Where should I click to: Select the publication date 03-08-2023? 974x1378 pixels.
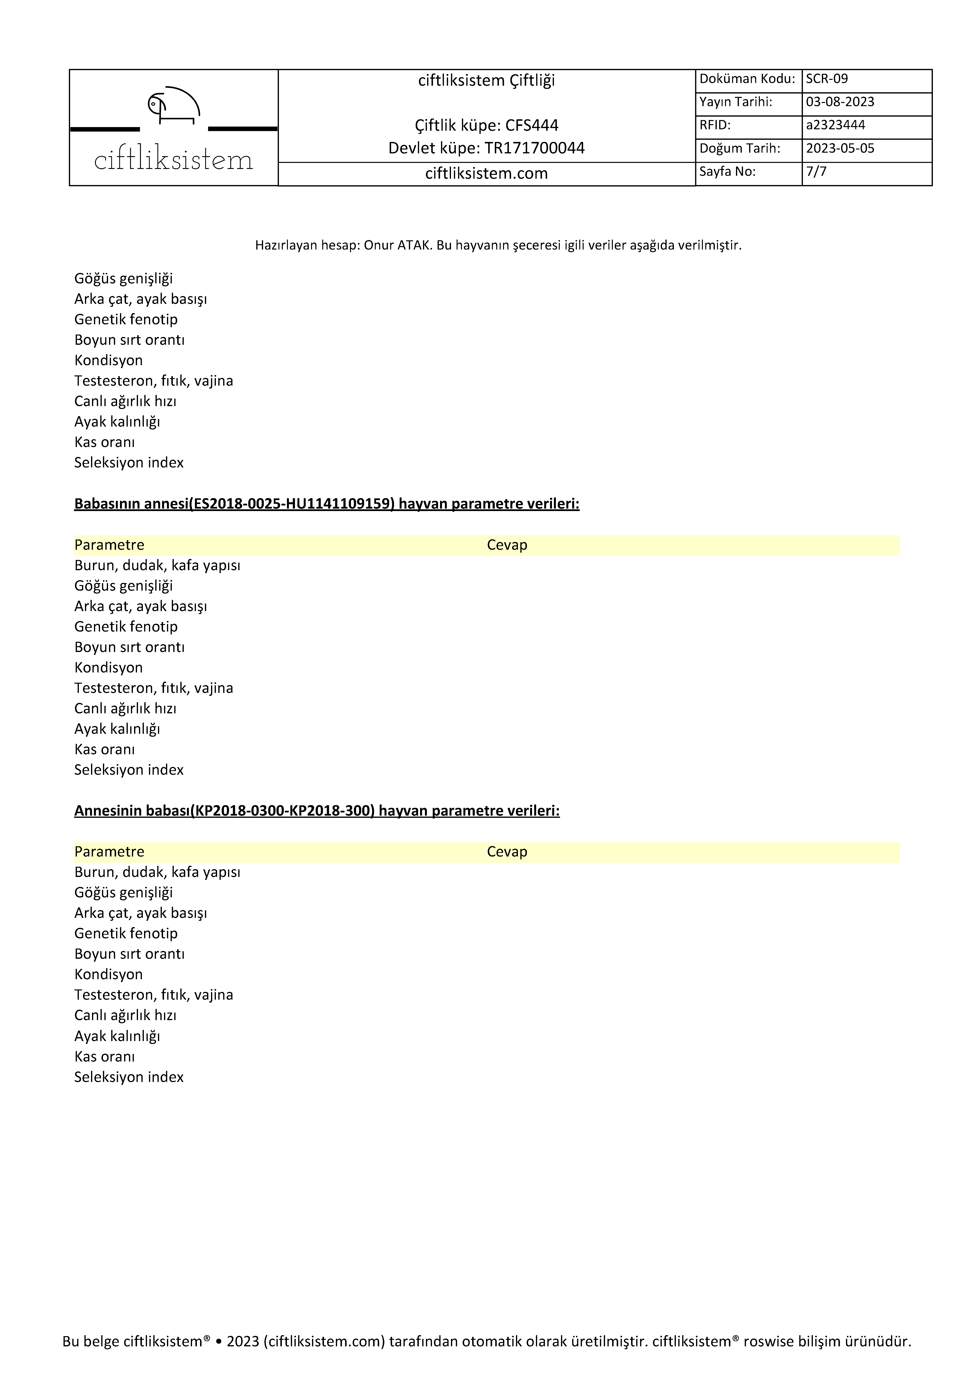(x=840, y=102)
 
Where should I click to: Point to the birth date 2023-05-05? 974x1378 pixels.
(x=840, y=148)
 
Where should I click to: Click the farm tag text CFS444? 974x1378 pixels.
(x=532, y=125)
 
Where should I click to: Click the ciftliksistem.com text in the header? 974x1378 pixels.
(x=486, y=173)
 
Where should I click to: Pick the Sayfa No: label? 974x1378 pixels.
(x=727, y=172)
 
